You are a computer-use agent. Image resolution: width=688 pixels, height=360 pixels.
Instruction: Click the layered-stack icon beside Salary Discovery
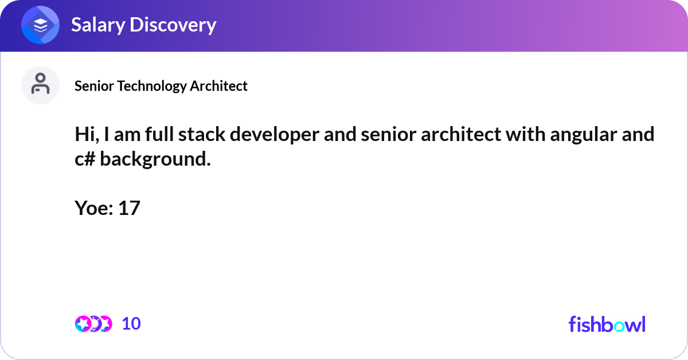(x=41, y=25)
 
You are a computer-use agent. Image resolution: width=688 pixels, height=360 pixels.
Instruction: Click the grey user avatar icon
(x=41, y=85)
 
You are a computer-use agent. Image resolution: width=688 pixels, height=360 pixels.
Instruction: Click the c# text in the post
(x=85, y=159)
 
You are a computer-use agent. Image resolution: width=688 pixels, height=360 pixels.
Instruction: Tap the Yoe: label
(x=93, y=208)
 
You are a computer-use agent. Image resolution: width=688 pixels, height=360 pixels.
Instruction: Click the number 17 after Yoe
(x=130, y=208)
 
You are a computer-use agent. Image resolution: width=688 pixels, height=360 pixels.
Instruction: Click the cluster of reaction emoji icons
(x=93, y=324)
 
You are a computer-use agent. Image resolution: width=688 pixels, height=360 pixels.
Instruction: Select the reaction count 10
(x=131, y=324)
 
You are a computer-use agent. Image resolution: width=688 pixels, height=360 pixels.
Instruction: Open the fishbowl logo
(x=607, y=324)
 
